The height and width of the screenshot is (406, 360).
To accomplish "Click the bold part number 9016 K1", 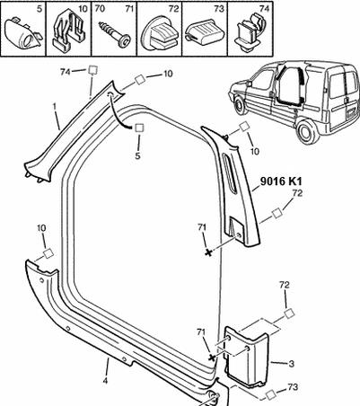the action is (x=281, y=181).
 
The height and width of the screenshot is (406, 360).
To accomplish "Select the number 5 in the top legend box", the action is (x=40, y=8).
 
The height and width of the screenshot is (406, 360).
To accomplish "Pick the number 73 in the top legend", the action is (x=219, y=9).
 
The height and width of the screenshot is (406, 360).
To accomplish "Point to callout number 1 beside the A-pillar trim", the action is (x=55, y=107).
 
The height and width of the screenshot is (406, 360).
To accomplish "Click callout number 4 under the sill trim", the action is (x=105, y=381).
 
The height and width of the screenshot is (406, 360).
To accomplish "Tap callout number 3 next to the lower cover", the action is (x=292, y=364).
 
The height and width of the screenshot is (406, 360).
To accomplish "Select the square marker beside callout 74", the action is (x=92, y=70).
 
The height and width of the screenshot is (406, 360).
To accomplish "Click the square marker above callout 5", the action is (x=139, y=128).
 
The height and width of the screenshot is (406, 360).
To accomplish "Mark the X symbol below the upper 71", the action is (x=208, y=252).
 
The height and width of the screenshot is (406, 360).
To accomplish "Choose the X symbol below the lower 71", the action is (x=212, y=357).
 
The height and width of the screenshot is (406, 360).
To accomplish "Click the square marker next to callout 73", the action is (x=270, y=394).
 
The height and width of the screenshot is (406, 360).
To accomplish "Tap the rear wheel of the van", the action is (x=308, y=132).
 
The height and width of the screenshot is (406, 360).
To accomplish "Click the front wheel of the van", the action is (x=240, y=105).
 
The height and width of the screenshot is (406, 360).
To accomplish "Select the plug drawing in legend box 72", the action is (x=160, y=36).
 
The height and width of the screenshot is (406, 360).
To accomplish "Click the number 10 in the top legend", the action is (x=83, y=8).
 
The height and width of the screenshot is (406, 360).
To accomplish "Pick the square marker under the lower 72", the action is (x=289, y=313).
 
